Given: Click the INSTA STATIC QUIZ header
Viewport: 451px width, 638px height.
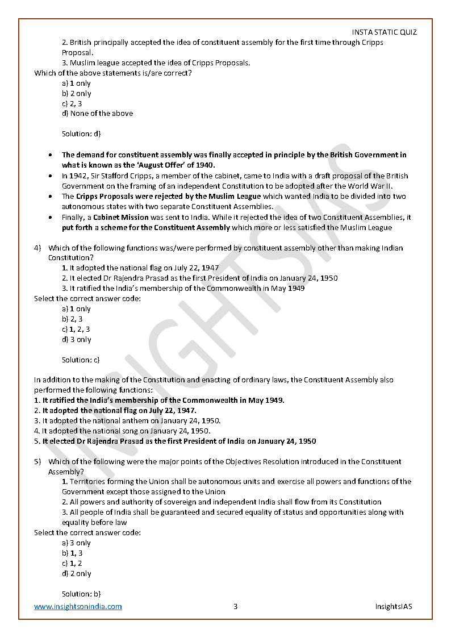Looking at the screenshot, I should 384,32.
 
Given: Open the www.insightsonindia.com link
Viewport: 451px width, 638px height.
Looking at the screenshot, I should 78,606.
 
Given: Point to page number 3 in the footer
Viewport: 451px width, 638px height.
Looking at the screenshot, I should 235,606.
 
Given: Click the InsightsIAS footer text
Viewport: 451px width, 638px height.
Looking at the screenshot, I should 394,606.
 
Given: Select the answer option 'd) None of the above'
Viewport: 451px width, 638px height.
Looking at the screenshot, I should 97,114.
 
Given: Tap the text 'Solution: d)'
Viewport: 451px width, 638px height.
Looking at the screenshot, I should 81,134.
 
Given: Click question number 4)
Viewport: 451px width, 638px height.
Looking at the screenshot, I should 38,248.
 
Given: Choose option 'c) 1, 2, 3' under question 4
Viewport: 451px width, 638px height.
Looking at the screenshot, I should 76,330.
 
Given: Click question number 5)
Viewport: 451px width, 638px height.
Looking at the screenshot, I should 38,462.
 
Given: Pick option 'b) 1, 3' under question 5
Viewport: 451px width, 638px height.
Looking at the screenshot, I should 72,553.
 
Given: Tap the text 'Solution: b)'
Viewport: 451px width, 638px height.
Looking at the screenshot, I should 81,594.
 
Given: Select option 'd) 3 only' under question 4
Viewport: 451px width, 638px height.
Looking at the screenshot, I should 76,340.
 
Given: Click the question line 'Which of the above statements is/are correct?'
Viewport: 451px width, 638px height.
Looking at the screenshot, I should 112,73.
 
